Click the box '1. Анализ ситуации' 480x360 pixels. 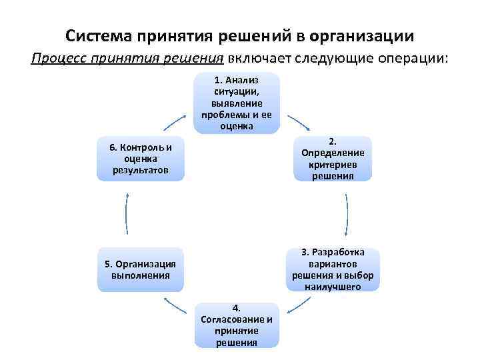tap(237, 103)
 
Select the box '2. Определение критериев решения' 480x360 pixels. tap(332, 159)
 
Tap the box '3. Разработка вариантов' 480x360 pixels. tap(332, 269)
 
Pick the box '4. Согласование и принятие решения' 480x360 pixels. tap(237, 325)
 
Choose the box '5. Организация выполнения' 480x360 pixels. tap(141, 269)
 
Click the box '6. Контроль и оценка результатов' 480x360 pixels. tap(141, 159)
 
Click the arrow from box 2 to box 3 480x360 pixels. tap(347, 215)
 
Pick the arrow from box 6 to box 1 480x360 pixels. tap(175, 121)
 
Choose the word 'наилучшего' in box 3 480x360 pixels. tap(333, 287)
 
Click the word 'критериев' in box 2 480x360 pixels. tap(333, 165)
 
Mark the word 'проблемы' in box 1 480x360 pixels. tap(222, 115)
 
